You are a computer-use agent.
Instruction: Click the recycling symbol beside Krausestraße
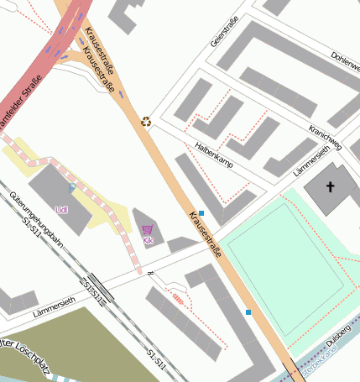click(146, 122)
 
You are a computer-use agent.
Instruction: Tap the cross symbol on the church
click(330, 186)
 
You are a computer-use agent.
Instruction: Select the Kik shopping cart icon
click(148, 229)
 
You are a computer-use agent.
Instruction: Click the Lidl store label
click(60, 209)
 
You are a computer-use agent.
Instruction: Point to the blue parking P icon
click(72, 188)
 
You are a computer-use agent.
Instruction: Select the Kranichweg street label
click(325, 137)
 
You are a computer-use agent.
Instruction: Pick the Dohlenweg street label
click(346, 60)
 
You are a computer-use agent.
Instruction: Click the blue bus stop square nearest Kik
click(201, 213)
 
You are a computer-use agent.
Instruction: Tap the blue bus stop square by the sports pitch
click(248, 312)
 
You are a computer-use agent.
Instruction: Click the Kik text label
click(148, 241)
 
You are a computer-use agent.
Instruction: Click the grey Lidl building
click(54, 193)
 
